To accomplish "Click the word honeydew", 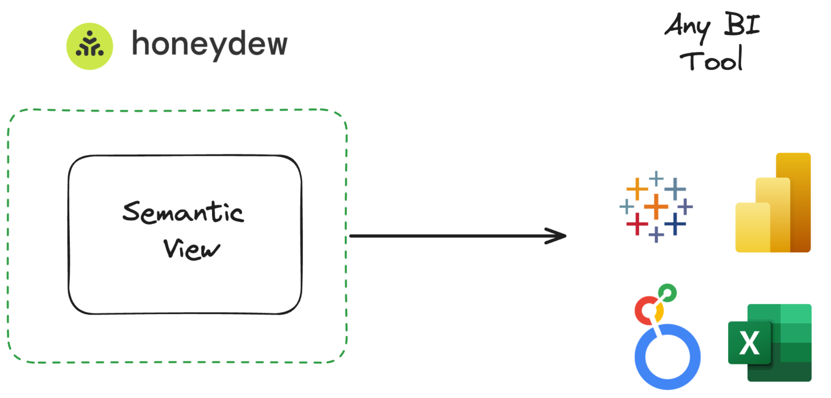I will (x=209, y=44).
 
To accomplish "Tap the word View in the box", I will (x=193, y=249).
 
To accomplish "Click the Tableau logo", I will (x=656, y=206).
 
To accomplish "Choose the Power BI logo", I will (x=773, y=203).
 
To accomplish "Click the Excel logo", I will (x=769, y=342).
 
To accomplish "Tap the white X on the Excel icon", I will (x=749, y=343).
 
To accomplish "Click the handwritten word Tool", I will (x=712, y=59).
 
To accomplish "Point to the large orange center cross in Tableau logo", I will (x=656, y=206).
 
